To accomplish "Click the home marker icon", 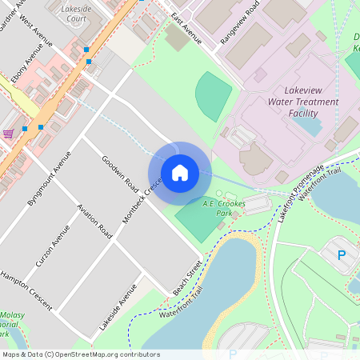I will (180, 173).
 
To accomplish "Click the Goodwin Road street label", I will (121, 171).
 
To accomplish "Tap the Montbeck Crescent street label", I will (142, 199).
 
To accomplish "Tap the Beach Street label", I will (189, 277).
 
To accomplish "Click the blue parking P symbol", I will (342, 255).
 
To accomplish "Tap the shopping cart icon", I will (8, 134).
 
